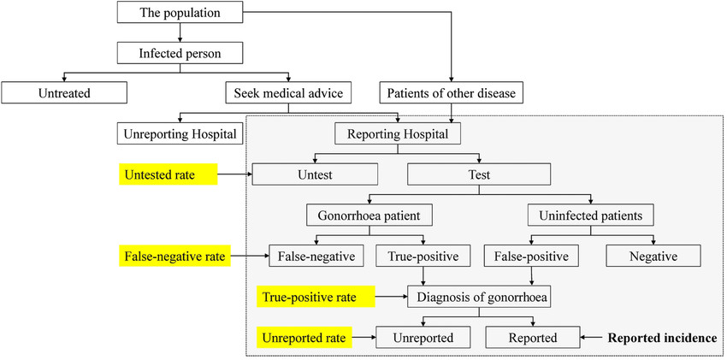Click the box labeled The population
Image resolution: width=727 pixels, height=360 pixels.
(180, 13)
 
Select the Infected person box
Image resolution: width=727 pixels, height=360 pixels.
(180, 53)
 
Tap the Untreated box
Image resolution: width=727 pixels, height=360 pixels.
(64, 91)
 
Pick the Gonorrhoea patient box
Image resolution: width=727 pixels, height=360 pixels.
(368, 215)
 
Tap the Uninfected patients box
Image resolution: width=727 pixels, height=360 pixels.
(592, 215)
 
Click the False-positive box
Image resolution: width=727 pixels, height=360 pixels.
(535, 256)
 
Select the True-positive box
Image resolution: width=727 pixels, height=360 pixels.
(423, 256)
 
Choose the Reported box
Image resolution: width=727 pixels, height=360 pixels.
(534, 338)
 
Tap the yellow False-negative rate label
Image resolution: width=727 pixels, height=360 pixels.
(175, 255)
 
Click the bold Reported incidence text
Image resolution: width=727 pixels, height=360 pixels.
(662, 338)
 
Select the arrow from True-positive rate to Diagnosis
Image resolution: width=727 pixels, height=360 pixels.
(391, 297)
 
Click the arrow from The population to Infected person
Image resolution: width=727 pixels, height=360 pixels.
(180, 32)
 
